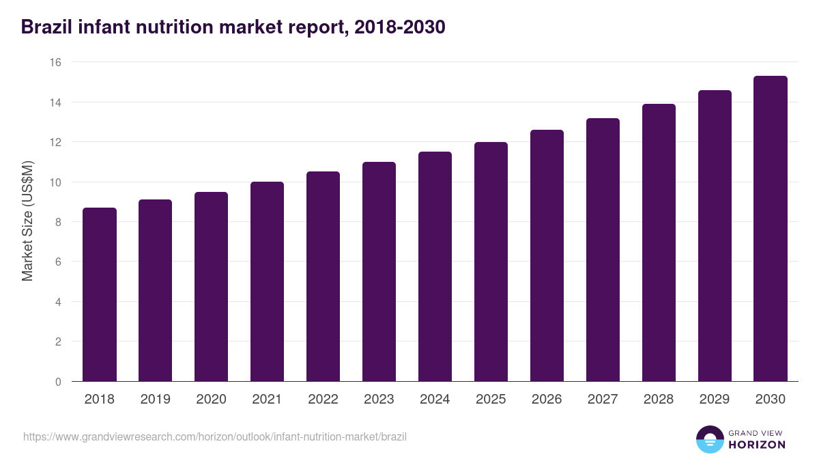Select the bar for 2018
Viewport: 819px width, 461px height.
pyautogui.click(x=100, y=294)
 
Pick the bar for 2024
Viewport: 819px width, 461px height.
pyautogui.click(x=435, y=266)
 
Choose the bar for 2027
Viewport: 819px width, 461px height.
pyautogui.click(x=603, y=250)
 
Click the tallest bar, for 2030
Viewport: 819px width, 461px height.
pyautogui.click(x=771, y=229)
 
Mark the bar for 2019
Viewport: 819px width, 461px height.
pyautogui.click(x=156, y=290)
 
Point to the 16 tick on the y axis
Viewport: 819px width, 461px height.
pyautogui.click(x=55, y=62)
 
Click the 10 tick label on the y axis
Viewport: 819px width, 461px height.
pyautogui.click(x=55, y=182)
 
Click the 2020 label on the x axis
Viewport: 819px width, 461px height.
pyautogui.click(x=212, y=400)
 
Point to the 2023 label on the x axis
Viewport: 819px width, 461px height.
pyautogui.click(x=379, y=400)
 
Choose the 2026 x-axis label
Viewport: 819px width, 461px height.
pyautogui.click(x=547, y=400)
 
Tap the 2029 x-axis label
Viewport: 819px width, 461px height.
pyautogui.click(x=715, y=400)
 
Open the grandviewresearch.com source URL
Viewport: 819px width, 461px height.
pyautogui.click(x=215, y=436)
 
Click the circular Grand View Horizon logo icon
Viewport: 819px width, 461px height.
pyautogui.click(x=709, y=439)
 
